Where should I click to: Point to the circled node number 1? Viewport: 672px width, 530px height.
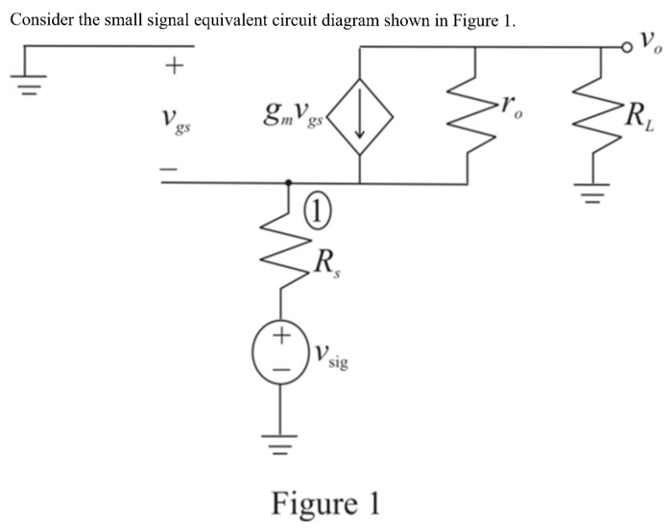317,207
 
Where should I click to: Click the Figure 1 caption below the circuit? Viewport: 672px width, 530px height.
326,502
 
